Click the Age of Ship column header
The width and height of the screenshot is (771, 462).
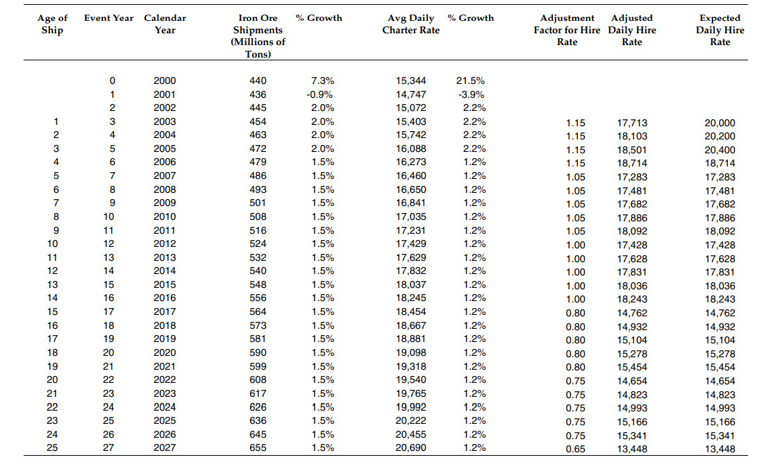pyautogui.click(x=53, y=24)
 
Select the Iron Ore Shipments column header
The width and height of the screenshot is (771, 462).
pyautogui.click(x=258, y=36)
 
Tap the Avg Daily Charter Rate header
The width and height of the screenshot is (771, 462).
pyautogui.click(x=411, y=24)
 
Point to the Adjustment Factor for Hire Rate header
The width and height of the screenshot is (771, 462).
pyautogui.click(x=567, y=30)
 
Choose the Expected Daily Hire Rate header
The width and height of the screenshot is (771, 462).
pyautogui.click(x=720, y=30)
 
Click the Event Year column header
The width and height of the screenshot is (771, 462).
pyautogui.click(x=109, y=18)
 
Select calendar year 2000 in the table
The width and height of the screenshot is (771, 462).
pyautogui.click(x=165, y=81)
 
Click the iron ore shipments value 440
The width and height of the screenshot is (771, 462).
pyautogui.click(x=258, y=81)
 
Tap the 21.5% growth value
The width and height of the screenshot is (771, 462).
pyautogui.click(x=472, y=81)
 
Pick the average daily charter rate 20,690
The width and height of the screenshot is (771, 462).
pyautogui.click(x=411, y=447)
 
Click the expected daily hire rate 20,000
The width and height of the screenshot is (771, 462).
pyautogui.click(x=720, y=123)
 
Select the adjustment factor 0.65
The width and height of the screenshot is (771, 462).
pyautogui.click(x=575, y=449)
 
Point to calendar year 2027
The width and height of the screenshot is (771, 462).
pyautogui.click(x=165, y=447)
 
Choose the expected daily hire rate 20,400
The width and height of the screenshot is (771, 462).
pyautogui.click(x=720, y=150)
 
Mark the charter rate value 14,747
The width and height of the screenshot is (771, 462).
pyautogui.click(x=411, y=94)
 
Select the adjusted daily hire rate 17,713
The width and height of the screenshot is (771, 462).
pyautogui.click(x=632, y=123)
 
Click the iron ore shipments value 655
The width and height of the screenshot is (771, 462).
pyautogui.click(x=258, y=447)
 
